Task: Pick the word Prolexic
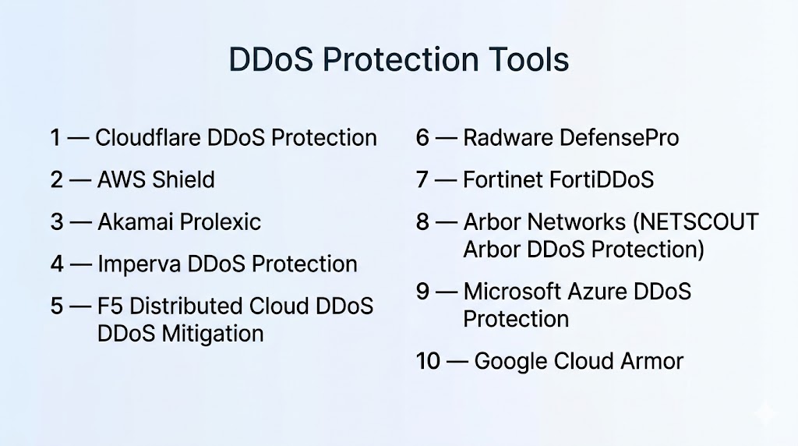221,222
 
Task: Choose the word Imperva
139,264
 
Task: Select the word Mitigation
213,334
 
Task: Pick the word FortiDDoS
599,179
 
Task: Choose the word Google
510,362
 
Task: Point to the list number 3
57,222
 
